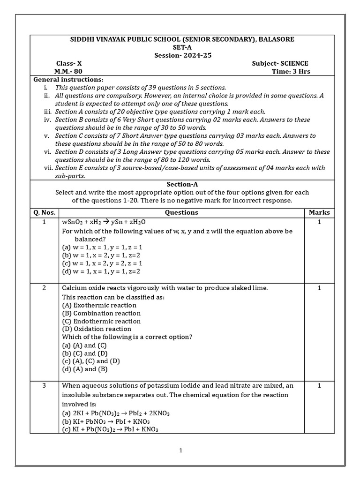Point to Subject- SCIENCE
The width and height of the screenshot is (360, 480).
[x=280, y=64]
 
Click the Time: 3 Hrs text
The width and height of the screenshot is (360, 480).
[x=291, y=72]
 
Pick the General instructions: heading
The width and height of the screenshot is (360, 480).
[x=68, y=80]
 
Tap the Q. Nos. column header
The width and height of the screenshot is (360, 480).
[x=44, y=212]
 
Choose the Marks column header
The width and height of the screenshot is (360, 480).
[x=319, y=212]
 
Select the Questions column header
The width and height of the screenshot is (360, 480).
[x=181, y=212]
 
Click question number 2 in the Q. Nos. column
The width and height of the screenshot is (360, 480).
[x=44, y=288]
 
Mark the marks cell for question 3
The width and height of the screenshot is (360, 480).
[x=319, y=385]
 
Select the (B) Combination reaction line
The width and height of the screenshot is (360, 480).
[x=101, y=313]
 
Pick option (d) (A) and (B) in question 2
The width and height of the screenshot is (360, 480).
[x=85, y=369]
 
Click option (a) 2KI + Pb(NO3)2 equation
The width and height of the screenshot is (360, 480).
[x=116, y=413]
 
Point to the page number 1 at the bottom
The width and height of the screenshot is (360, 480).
[x=180, y=450]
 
